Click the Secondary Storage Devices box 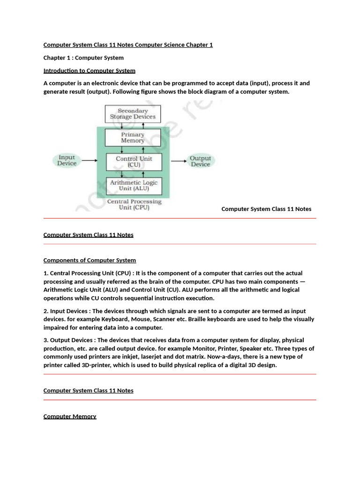133,114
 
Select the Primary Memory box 133,137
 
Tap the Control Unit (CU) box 134,162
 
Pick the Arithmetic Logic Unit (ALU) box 134,186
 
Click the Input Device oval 67,160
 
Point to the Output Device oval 200,161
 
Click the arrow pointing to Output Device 179,161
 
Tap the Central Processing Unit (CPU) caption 134,204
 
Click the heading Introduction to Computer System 89,71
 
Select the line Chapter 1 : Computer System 83,58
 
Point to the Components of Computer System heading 90,260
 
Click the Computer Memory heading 70,416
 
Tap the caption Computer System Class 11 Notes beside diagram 266,209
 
